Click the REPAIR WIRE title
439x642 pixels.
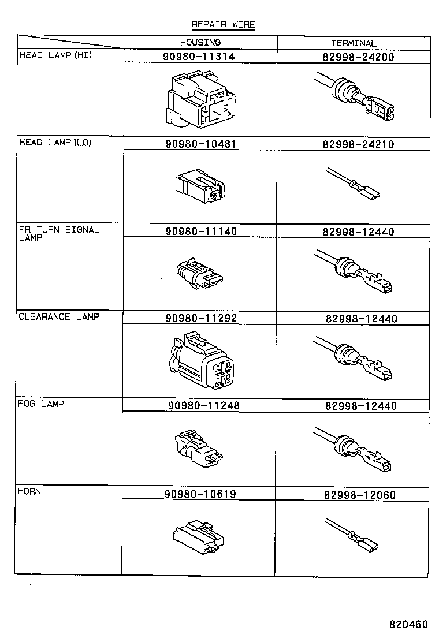223,24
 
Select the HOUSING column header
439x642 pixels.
200,43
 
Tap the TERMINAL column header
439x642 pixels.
354,43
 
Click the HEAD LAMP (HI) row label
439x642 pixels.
55,55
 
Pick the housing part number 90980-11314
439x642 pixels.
200,57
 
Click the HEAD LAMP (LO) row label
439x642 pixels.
55,143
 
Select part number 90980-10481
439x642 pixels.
200,144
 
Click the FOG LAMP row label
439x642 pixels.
41,404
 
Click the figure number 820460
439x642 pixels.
408,625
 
